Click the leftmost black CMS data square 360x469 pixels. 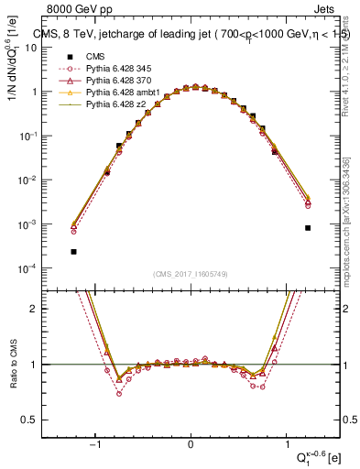[x=73, y=251]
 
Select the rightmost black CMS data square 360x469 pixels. [x=308, y=227]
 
